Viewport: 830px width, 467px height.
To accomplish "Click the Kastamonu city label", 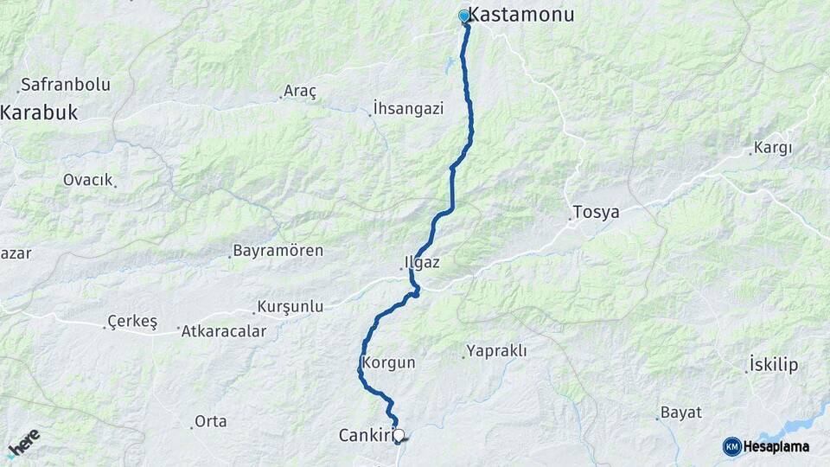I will coord(521,16).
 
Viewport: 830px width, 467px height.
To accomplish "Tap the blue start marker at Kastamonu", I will coord(464,16).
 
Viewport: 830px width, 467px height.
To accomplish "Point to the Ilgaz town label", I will coord(422,261).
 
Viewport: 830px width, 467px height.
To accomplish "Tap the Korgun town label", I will coord(389,363).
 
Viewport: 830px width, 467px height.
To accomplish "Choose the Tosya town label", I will coord(596,213).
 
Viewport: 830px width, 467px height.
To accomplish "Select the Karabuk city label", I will coord(40,112).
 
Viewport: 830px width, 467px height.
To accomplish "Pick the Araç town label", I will coord(301,91).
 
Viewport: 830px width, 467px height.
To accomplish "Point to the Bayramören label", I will coord(278,251).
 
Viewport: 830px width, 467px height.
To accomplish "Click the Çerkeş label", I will coord(132,322).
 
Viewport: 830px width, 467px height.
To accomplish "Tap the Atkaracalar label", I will coord(224,330).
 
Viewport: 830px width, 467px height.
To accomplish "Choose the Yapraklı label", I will coord(497,351).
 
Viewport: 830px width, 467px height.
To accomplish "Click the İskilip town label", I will coord(775,365).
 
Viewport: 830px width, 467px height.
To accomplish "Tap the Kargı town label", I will coord(773,148).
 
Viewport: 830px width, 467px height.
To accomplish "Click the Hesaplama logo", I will coord(767,446).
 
